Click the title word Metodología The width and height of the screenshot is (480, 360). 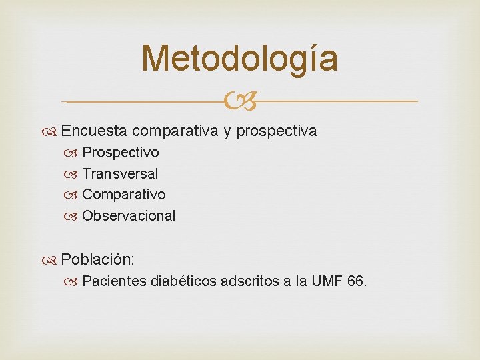(x=240, y=58)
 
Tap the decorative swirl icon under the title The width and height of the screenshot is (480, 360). (x=240, y=102)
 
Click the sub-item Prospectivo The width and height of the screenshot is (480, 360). (x=121, y=153)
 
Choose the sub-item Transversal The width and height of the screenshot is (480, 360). (x=120, y=173)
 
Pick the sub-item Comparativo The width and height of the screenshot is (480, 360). (x=124, y=195)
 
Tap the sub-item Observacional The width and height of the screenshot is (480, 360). (x=129, y=215)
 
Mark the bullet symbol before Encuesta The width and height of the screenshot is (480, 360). (x=53, y=131)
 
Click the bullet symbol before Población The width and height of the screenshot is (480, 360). (x=53, y=259)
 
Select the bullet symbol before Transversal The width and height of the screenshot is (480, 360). (x=75, y=174)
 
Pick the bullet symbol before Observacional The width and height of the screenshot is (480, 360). (x=75, y=216)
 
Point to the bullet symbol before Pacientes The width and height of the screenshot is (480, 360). (x=75, y=281)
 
